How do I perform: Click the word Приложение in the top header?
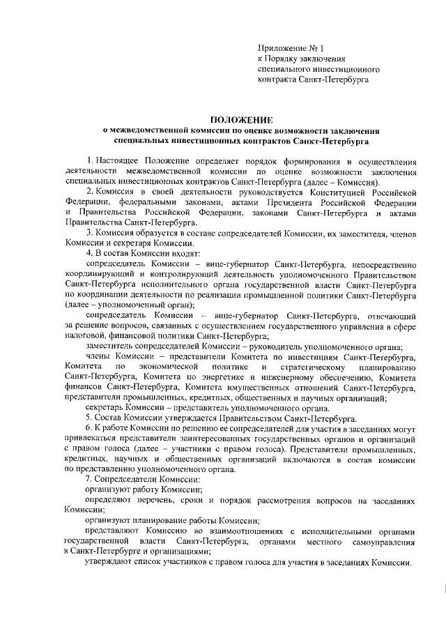click(x=279, y=47)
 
